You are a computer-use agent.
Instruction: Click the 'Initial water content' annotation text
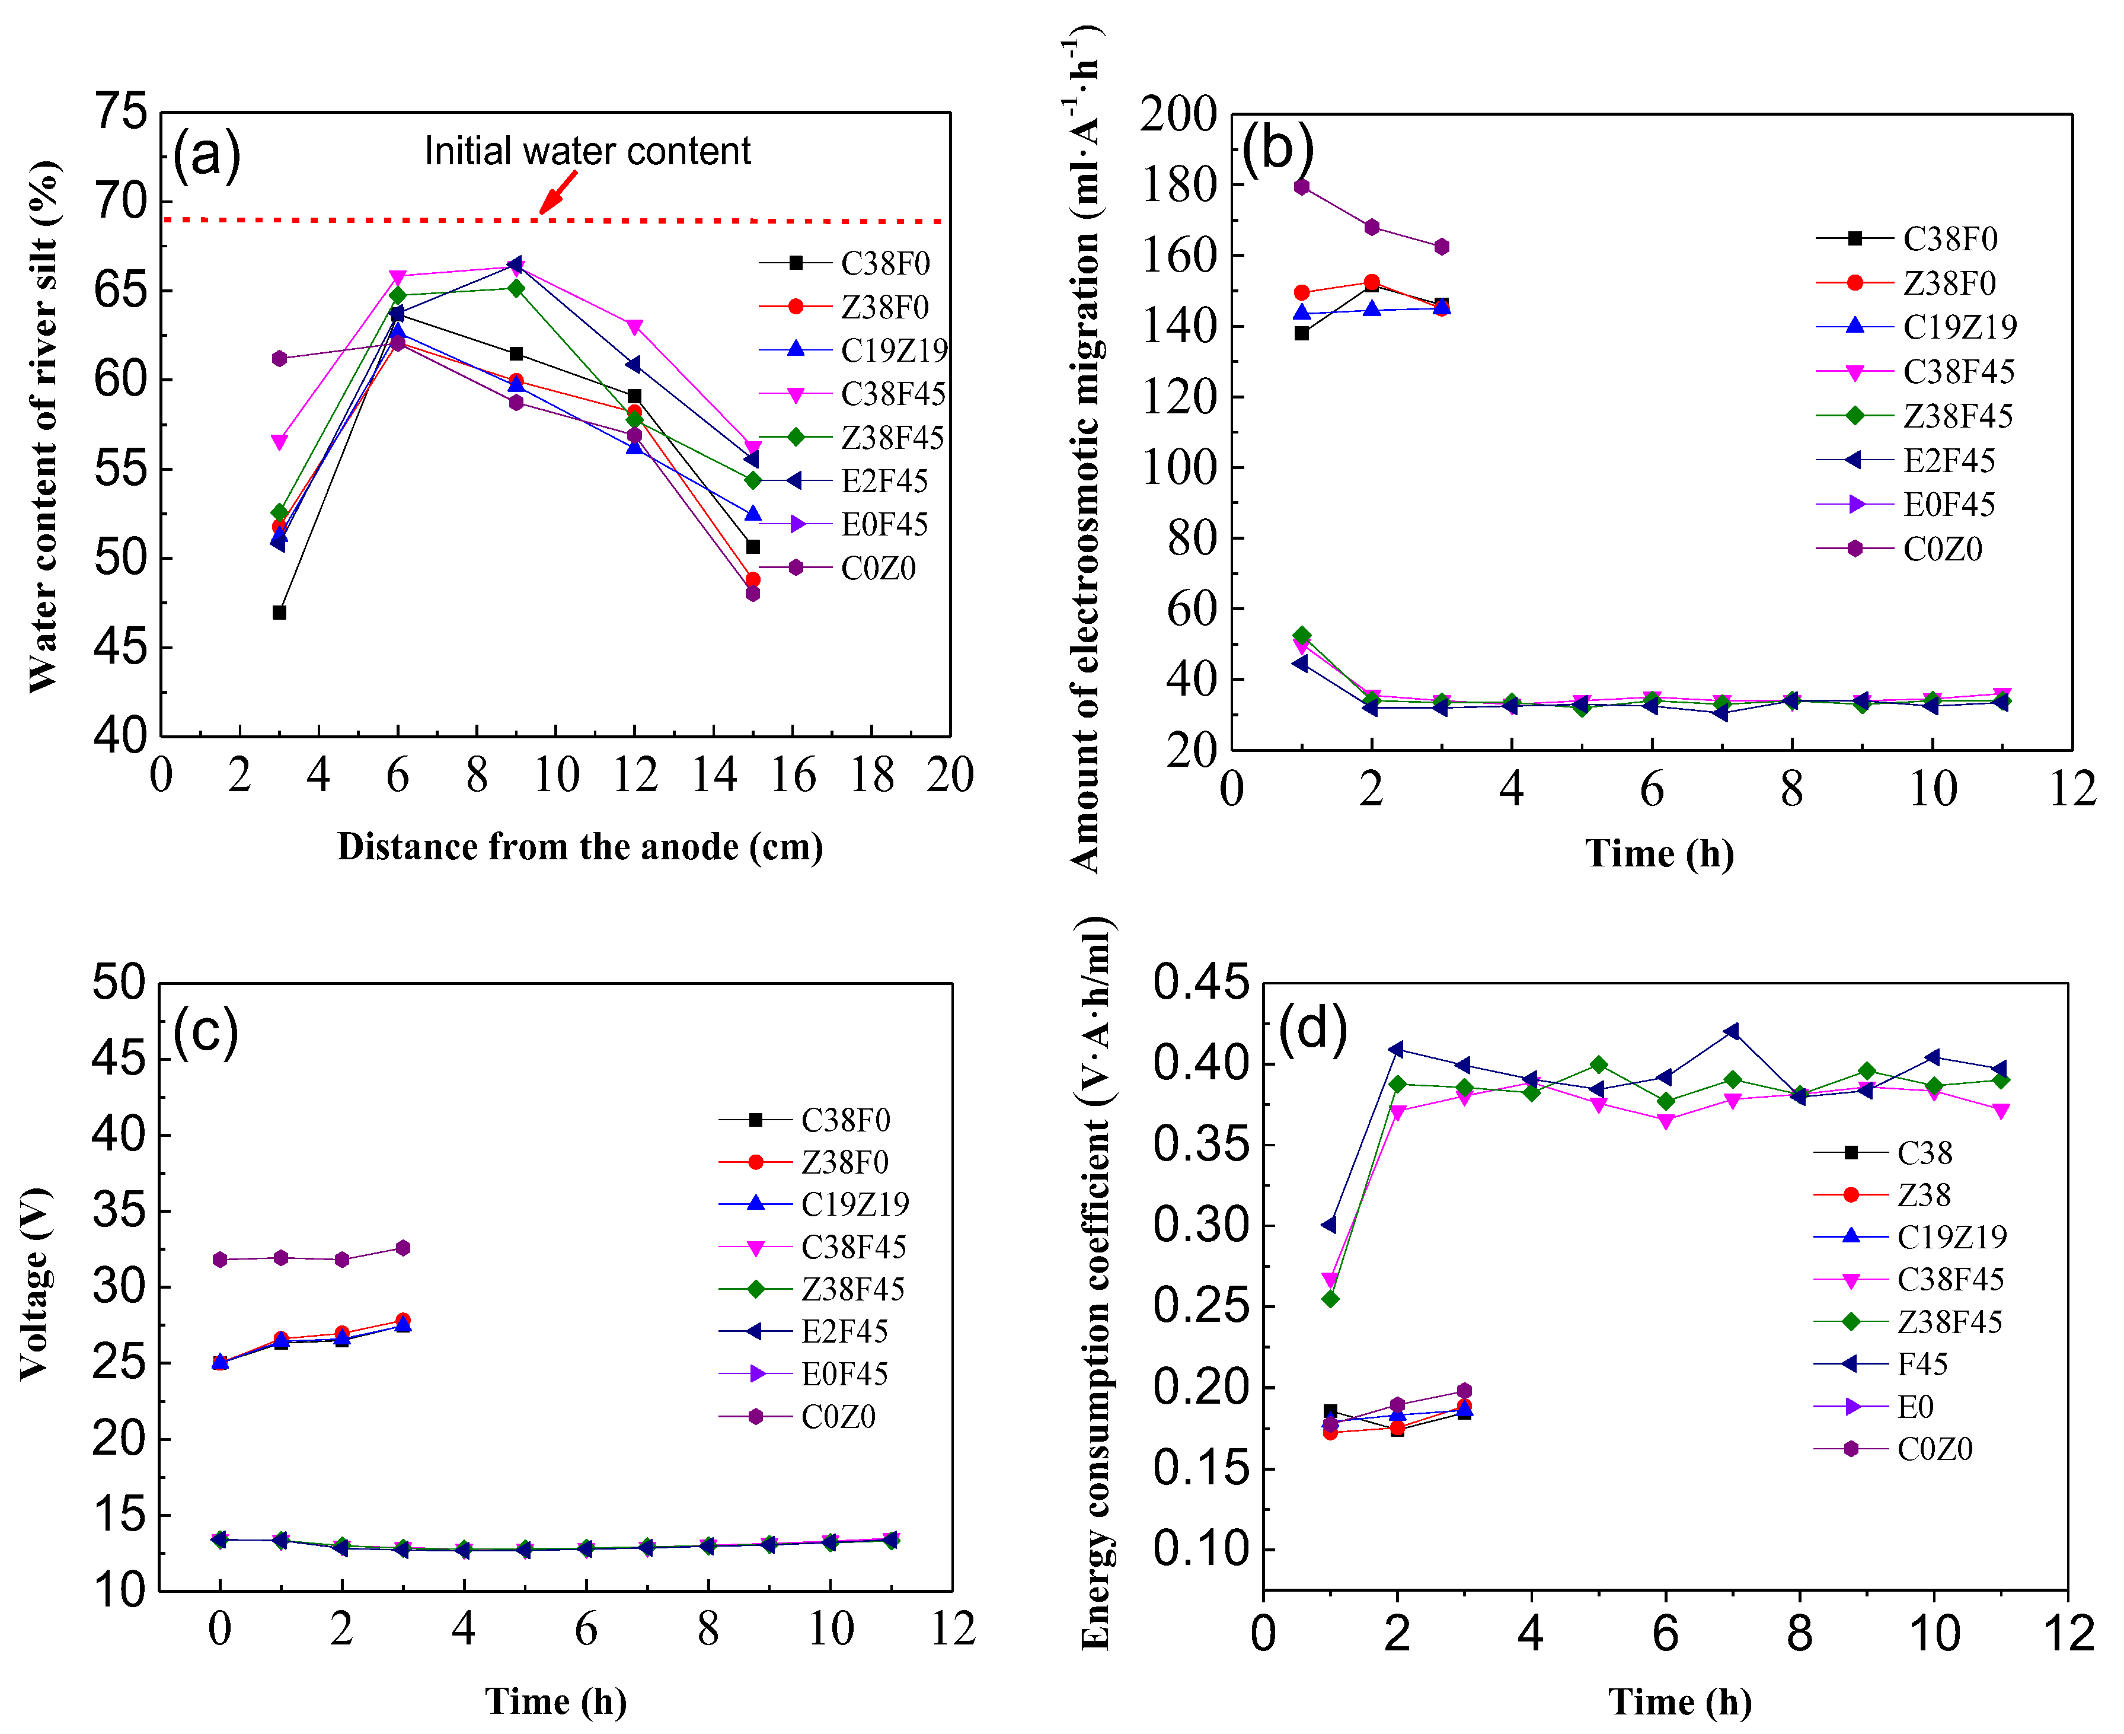[587, 151]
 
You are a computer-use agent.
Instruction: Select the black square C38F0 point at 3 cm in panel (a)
[280, 612]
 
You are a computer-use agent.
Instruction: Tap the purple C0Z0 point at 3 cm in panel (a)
[280, 359]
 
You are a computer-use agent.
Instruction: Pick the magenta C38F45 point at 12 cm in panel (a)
[634, 327]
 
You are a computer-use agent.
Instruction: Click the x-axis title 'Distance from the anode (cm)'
[579, 847]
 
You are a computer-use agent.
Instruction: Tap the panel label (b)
[1277, 148]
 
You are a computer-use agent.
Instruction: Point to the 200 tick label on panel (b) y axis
[1179, 115]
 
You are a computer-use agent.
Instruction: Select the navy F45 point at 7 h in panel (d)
[1732, 1031]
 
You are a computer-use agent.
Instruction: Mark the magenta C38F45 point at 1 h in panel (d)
[1330, 1280]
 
